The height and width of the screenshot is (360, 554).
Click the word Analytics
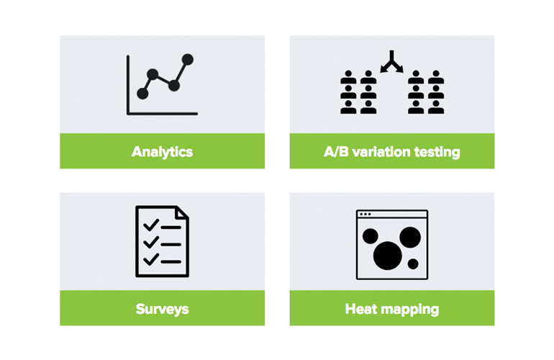click(162, 152)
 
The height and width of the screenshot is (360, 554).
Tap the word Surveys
click(162, 309)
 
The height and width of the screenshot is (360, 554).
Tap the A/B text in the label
click(337, 152)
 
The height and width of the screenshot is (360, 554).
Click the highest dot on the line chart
click(188, 60)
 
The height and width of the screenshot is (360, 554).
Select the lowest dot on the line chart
click(142, 94)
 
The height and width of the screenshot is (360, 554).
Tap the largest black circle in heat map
click(388, 256)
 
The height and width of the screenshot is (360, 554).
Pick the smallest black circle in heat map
click(413, 264)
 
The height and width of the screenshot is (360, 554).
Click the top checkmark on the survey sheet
click(151, 225)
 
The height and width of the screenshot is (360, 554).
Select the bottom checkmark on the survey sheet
click(151, 260)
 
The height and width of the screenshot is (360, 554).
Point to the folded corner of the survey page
click(182, 212)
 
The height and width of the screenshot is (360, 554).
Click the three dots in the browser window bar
click(365, 214)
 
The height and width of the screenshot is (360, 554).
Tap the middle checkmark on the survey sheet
click(151, 242)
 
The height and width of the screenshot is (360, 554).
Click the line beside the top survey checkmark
click(171, 228)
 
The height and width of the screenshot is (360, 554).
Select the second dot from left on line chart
click(153, 74)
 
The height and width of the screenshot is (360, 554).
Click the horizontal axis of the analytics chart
click(162, 114)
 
